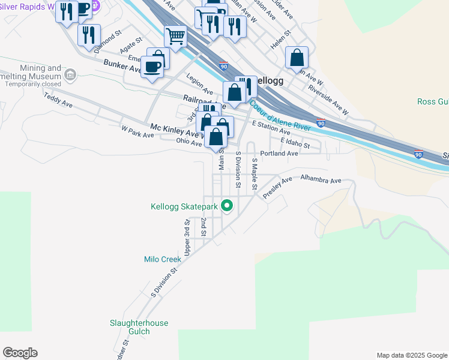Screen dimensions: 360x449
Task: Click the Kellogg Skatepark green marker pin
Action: coord(227,206)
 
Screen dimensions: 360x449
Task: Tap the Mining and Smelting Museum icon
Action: coord(70,75)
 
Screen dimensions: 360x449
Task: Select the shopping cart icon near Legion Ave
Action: coord(175,37)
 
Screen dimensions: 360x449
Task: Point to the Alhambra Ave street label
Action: coord(321,179)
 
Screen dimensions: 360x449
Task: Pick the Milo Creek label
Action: coord(163,259)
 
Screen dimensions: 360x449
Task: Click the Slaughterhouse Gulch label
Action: coord(139,327)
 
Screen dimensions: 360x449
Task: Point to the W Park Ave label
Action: coord(137,131)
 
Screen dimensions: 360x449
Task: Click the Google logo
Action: coord(20,353)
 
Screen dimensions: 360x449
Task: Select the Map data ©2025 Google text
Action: coord(411,355)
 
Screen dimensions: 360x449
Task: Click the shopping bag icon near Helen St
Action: coord(297,58)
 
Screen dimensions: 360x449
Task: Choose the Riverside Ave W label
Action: coord(328,99)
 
